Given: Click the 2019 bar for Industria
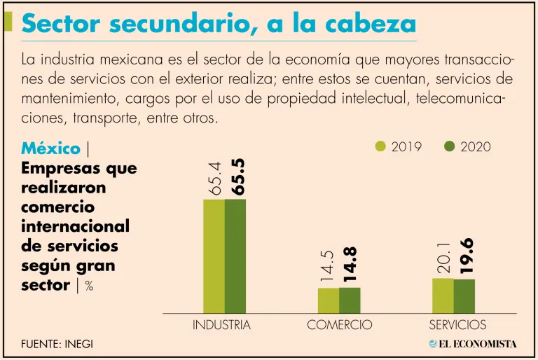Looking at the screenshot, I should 214,256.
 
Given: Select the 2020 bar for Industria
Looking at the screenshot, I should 235,256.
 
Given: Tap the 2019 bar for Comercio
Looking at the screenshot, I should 329,300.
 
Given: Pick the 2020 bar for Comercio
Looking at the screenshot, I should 350,300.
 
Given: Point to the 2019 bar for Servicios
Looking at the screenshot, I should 443,296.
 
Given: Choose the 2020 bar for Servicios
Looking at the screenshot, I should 464,296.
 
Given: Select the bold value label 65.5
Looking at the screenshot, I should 237,175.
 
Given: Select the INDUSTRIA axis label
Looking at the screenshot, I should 221,325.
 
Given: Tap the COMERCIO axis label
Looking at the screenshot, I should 340,325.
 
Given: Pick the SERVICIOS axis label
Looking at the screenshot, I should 457,325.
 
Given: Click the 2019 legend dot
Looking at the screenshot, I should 381,146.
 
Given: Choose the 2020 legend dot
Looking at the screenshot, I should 450,146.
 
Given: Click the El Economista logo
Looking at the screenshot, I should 473,343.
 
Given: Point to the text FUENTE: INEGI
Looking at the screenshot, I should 57,344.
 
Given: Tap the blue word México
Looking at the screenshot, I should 50,148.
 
